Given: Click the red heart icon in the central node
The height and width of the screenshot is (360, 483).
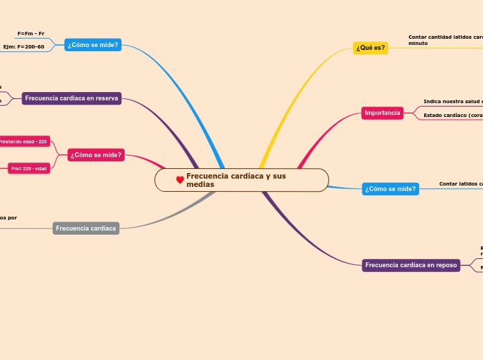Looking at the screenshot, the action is [180, 180].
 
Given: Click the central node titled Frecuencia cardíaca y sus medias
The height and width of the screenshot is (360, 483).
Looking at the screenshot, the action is [241, 180].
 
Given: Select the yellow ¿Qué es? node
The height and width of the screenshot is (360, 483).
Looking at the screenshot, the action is [371, 48].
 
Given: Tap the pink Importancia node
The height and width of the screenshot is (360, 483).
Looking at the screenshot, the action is [383, 113].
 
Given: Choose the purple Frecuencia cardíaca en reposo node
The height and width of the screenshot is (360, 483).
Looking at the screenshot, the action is [411, 265].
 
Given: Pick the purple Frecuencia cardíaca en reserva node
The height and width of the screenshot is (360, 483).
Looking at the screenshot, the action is [71, 98].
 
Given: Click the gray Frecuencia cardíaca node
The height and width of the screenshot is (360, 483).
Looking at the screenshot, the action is [86, 228].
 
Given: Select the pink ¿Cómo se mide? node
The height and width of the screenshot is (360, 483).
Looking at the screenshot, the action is [96, 155].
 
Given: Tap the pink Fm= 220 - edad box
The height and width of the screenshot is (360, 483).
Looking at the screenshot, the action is [29, 168].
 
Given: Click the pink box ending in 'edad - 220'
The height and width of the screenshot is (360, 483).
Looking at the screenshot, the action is [23, 142].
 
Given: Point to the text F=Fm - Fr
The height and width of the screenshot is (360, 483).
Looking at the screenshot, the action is [30, 33].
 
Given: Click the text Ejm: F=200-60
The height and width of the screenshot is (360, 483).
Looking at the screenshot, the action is [24, 47].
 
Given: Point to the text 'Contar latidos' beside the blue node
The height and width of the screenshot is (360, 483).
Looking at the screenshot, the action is [461, 184].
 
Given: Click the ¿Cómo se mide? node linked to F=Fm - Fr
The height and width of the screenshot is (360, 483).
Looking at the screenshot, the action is [93, 45].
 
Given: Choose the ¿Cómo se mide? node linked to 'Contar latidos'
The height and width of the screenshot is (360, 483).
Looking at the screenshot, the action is [391, 189].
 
